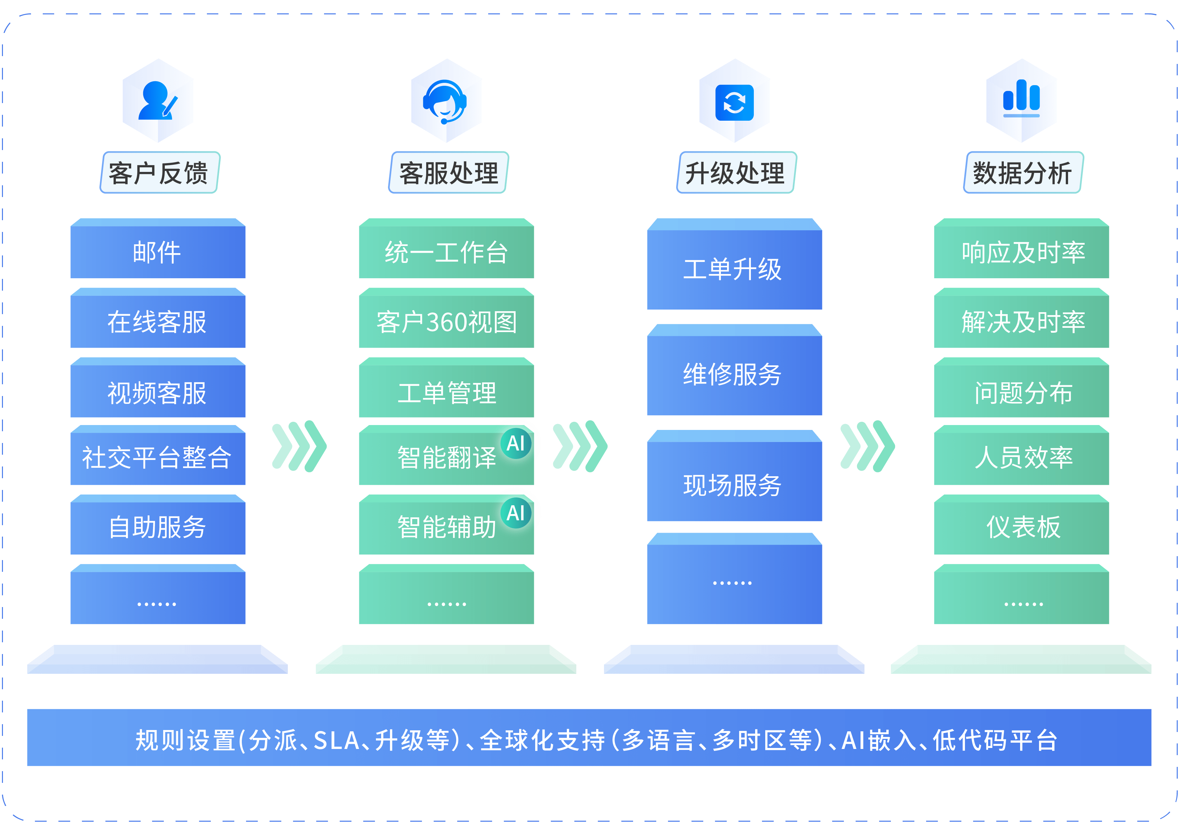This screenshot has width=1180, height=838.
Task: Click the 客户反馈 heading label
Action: (159, 173)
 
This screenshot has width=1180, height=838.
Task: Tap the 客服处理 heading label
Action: (448, 173)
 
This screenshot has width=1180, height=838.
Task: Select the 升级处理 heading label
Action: (736, 173)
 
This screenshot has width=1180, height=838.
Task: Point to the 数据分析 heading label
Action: (1023, 173)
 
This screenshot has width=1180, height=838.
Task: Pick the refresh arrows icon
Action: (734, 102)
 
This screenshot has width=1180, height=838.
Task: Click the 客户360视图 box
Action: (446, 322)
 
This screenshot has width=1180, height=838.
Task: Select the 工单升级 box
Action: (734, 269)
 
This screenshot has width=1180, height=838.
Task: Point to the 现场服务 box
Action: (734, 485)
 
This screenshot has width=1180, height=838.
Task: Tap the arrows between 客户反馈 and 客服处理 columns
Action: (299, 446)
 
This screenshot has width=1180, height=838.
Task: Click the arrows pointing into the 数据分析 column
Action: (867, 446)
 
